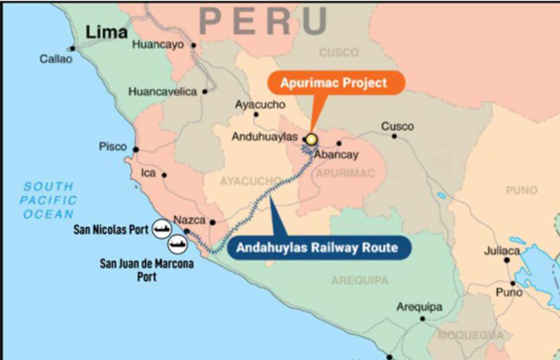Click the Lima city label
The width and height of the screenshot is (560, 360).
click(x=106, y=32)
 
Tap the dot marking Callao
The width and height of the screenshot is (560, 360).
click(x=72, y=49)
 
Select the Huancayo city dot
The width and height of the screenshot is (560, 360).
click(x=194, y=45)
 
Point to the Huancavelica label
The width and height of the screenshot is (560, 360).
click(x=162, y=92)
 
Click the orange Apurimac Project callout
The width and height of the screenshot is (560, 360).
click(x=334, y=83)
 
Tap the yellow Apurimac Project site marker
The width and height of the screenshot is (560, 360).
click(x=311, y=139)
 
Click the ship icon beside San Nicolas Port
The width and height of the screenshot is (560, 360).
click(x=162, y=229)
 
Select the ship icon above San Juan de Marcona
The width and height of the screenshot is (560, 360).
click(x=178, y=244)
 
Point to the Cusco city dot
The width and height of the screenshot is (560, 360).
click(x=394, y=136)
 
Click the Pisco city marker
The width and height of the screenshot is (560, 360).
click(x=136, y=150)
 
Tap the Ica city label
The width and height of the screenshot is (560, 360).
click(x=148, y=173)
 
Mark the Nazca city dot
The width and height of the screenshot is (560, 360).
click(x=213, y=222)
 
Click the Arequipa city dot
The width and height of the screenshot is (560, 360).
click(x=422, y=319)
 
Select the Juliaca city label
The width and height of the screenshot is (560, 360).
click(x=502, y=251)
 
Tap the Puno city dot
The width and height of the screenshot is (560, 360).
click(x=513, y=283)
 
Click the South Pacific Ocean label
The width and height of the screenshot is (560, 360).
click(x=48, y=200)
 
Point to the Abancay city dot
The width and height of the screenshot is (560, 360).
click(x=339, y=143)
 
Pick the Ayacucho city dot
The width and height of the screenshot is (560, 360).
click(x=256, y=114)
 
